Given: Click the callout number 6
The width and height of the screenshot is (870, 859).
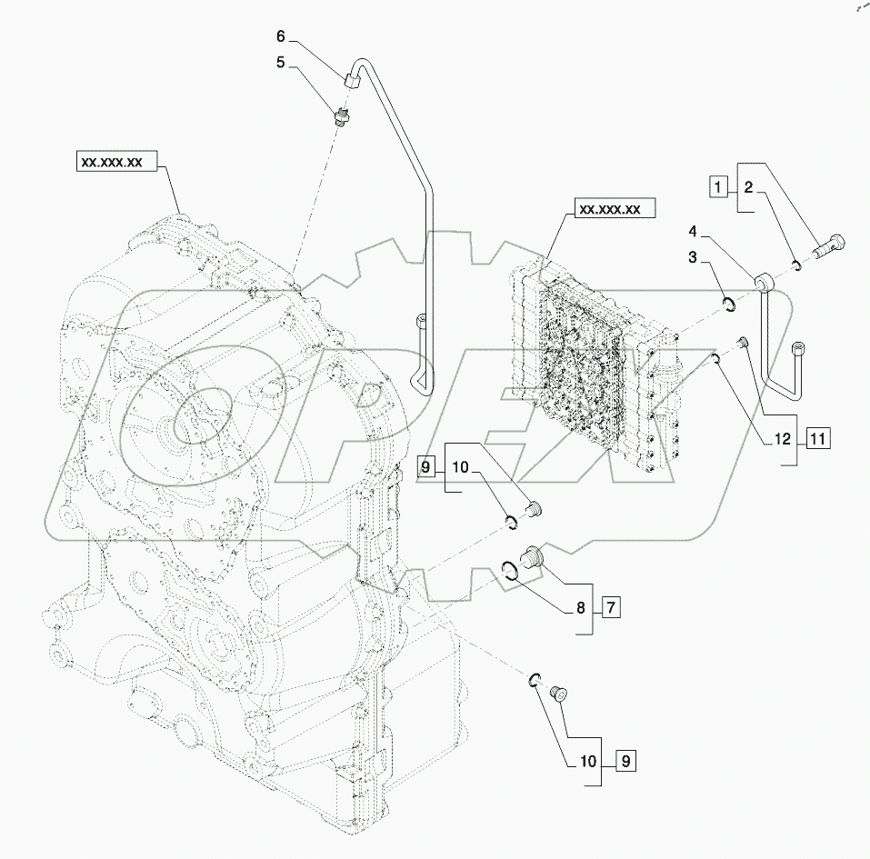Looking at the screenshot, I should (281, 36).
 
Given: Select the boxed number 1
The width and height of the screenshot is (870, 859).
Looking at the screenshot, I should (718, 188).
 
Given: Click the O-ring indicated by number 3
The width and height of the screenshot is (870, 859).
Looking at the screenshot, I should (727, 305).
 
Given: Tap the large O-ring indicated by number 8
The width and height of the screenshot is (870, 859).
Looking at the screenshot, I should (514, 571).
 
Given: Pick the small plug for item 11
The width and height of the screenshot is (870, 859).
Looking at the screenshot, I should (741, 342).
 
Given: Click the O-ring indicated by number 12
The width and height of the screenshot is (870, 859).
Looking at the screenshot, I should (716, 362).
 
